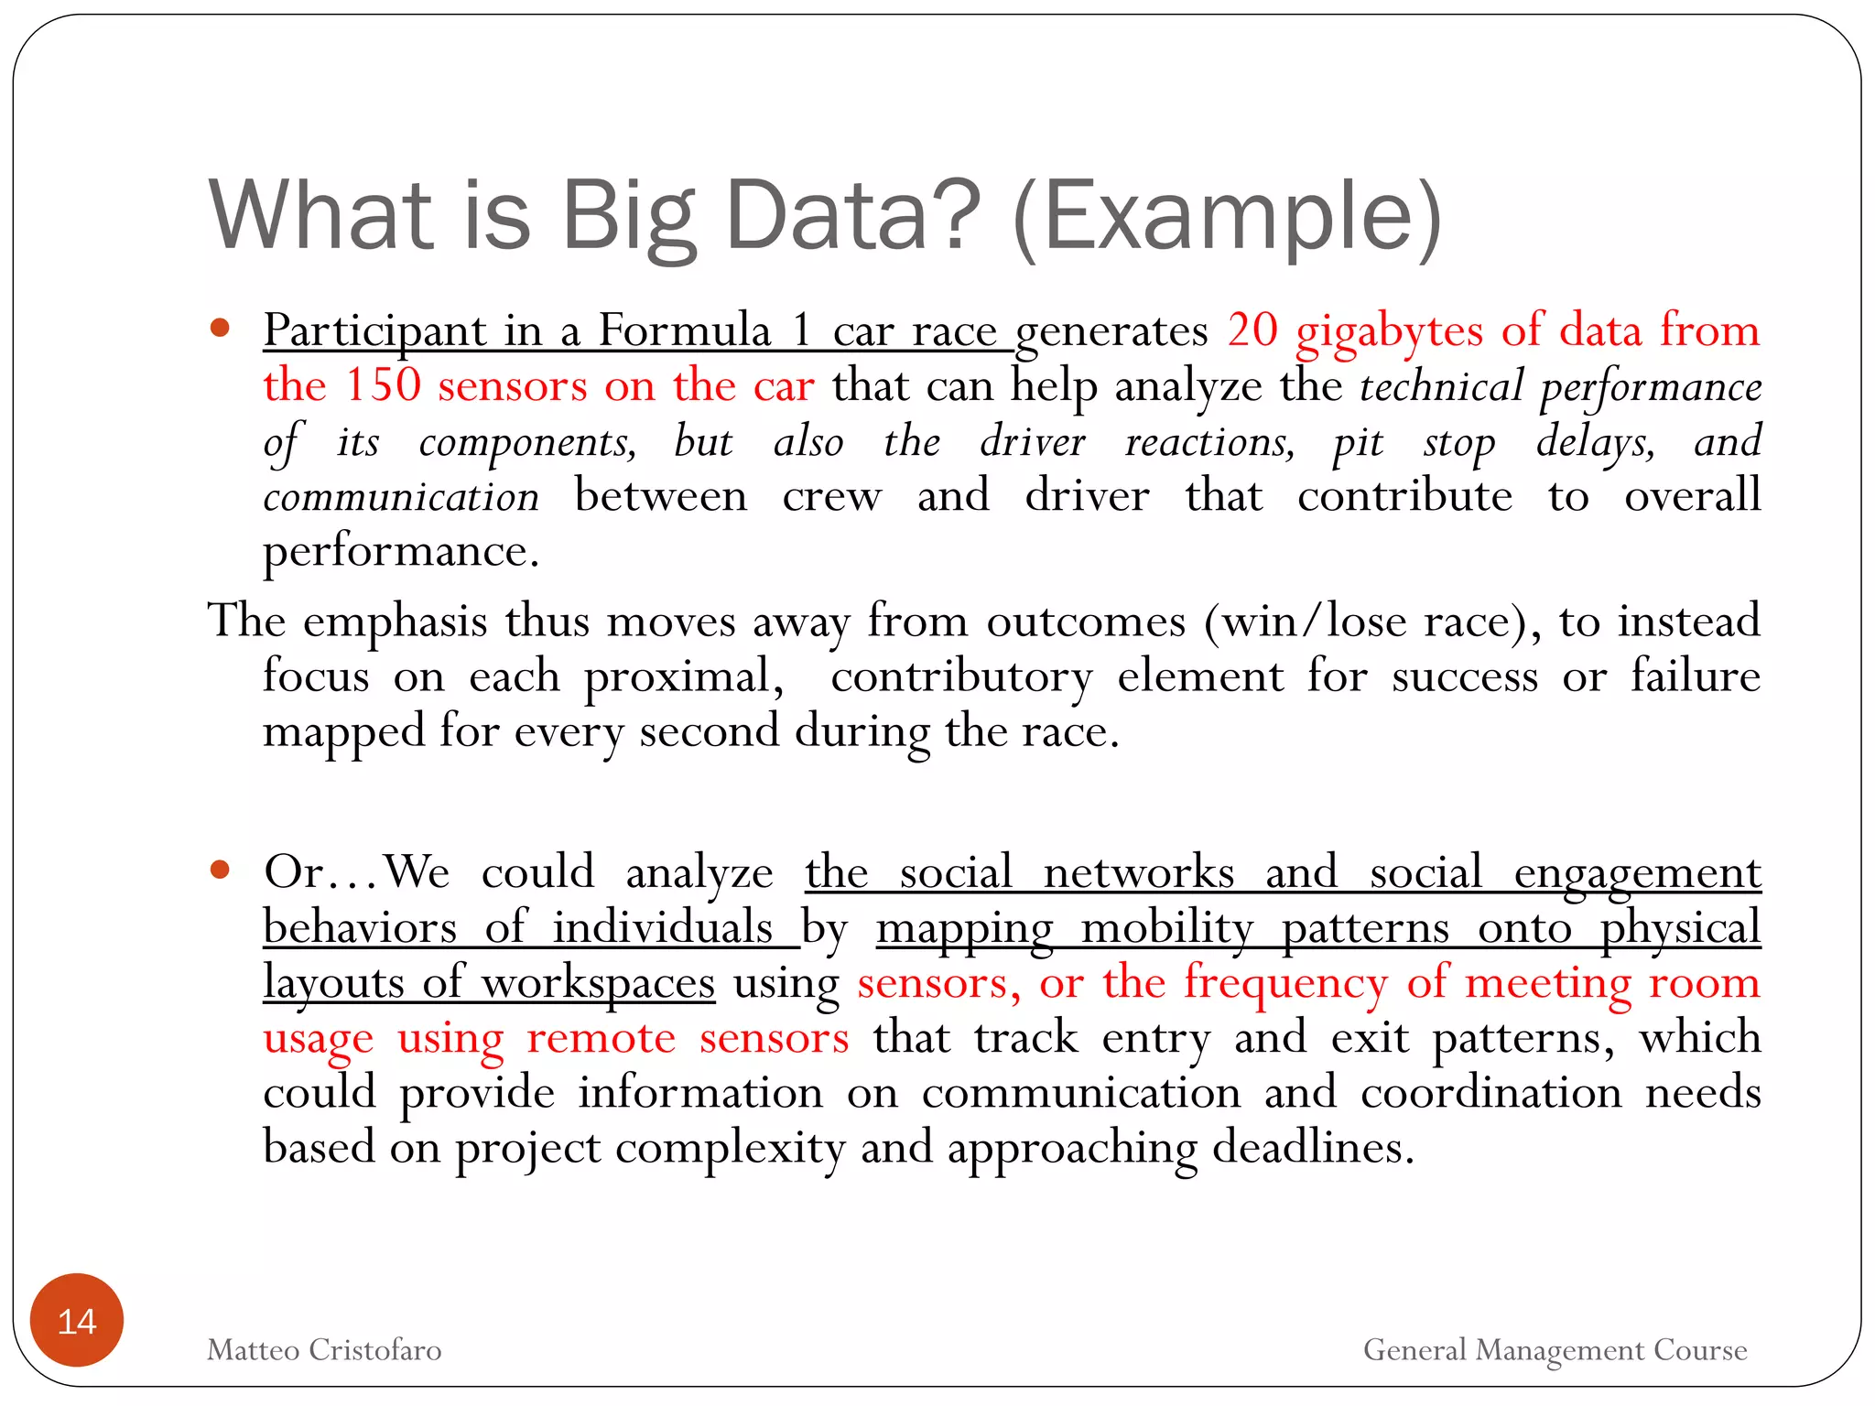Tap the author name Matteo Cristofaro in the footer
pos(324,1349)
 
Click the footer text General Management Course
pos(1555,1349)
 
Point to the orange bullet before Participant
pos(220,328)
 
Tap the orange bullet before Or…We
pos(220,870)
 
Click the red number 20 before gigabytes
pos(1252,330)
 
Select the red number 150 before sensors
pos(383,384)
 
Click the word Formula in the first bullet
pos(684,330)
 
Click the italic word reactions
pos(1209,441)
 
